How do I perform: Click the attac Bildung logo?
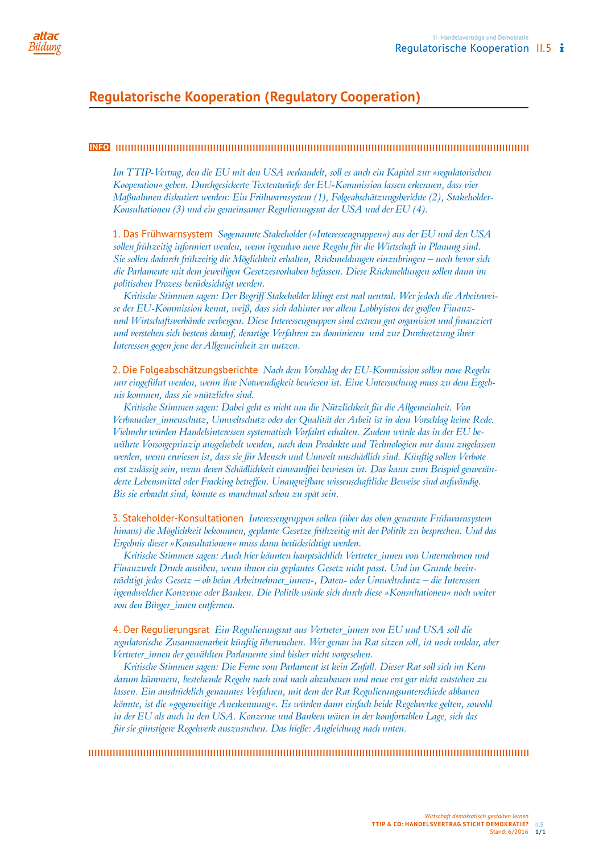(45, 43)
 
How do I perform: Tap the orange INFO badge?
(99, 147)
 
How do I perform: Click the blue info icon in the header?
(561, 48)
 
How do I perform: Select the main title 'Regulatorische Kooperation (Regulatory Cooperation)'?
(255, 97)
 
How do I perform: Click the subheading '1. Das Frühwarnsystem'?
(163, 234)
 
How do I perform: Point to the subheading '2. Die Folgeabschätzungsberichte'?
(185, 370)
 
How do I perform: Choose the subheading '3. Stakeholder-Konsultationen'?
(178, 518)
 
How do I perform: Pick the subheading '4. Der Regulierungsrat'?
(161, 630)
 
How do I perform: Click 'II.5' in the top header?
(544, 48)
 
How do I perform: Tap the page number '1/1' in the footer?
(540, 831)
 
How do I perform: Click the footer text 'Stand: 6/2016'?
(509, 831)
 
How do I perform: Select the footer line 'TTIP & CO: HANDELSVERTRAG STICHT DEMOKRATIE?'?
(449, 824)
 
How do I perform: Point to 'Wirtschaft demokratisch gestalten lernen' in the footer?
(476, 816)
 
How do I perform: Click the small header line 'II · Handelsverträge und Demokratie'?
(481, 38)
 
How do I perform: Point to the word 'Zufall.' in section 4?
(362, 666)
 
